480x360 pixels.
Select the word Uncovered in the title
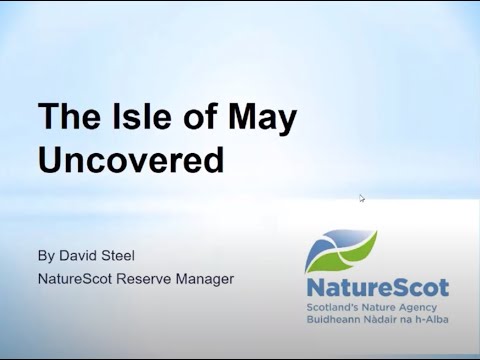[131, 161]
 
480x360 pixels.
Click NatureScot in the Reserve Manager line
[79, 278]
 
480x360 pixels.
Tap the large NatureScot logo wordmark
[377, 288]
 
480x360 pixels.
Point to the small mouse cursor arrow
[362, 198]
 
